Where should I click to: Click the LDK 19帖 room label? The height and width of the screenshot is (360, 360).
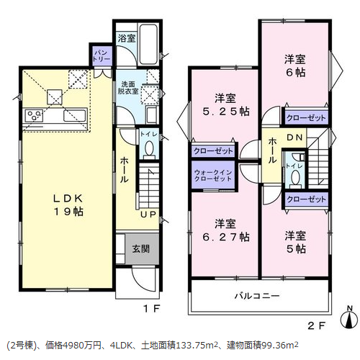point(68,205)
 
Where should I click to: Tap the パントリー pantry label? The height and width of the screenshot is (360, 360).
point(102,55)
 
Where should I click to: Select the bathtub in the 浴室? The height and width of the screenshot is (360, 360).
point(148,45)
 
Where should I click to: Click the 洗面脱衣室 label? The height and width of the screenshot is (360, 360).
point(128,88)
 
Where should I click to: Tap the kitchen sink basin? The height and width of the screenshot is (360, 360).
point(75,116)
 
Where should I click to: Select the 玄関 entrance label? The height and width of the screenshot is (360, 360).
point(141,249)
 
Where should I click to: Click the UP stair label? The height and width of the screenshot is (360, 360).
point(148,215)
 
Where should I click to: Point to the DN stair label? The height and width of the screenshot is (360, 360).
point(295,138)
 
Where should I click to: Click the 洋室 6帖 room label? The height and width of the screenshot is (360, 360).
point(295,66)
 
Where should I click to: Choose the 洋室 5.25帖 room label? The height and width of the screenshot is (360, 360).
point(226,105)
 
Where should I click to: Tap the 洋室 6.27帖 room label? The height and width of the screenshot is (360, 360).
point(226,230)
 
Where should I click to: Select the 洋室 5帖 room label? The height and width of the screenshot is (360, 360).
point(295,243)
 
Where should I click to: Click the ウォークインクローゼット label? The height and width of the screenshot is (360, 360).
point(213,176)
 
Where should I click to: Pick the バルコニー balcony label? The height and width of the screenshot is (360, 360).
point(257,296)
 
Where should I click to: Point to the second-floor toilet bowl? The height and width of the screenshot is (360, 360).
point(295,177)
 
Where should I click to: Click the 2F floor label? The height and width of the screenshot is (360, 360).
point(317,325)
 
